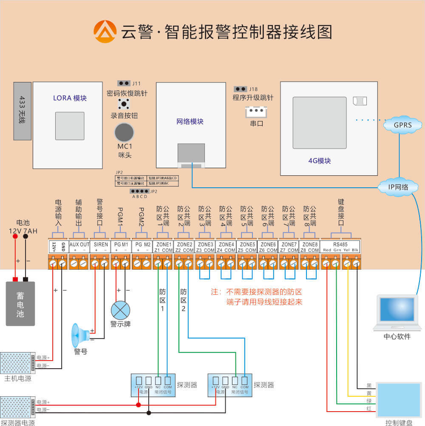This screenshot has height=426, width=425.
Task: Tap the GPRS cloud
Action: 402,125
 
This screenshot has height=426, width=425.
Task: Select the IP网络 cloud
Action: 398,187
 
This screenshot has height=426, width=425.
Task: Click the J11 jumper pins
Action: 124,83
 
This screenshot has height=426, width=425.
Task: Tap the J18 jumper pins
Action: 241,89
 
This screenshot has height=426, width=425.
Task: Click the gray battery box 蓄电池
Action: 20,303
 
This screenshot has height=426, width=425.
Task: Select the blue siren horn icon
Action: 79,335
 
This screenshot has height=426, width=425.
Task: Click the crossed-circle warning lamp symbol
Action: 120,310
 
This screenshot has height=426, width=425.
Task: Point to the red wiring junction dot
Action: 139,405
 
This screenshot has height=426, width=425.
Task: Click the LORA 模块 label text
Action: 70,98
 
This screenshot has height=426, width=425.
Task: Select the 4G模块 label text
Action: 320,161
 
